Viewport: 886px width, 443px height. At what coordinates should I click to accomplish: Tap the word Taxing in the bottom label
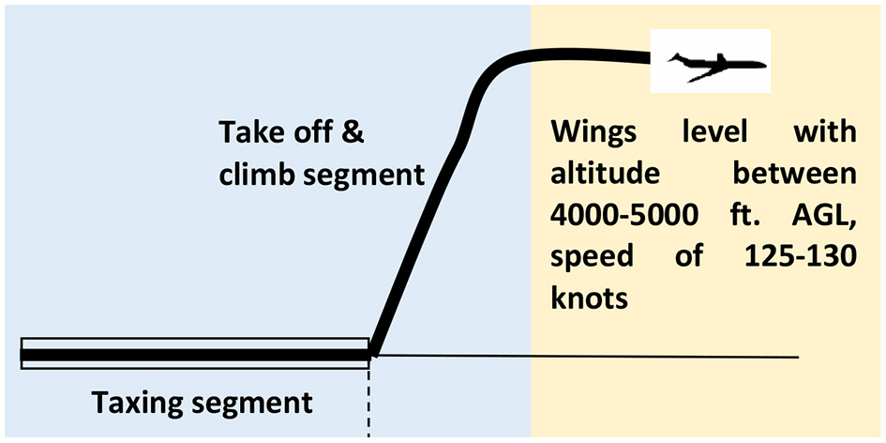[142, 405]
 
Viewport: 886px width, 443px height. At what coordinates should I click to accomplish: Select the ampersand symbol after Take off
[350, 132]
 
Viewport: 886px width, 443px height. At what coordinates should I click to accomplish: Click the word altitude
[597, 175]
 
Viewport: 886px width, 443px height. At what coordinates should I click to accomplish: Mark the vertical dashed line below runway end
[369, 399]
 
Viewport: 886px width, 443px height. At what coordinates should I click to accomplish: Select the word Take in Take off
[251, 132]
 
